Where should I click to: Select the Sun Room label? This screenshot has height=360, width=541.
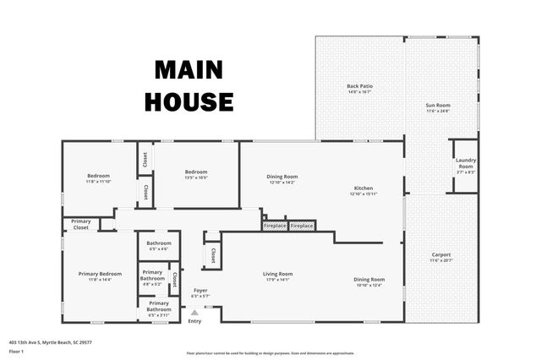(439, 107)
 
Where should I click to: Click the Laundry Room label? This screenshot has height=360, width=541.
(466, 163)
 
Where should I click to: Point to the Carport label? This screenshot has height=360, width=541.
(440, 257)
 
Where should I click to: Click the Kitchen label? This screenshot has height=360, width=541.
(363, 190)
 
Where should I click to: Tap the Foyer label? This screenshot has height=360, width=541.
(199, 292)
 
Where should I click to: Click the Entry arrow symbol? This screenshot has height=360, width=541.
(194, 313)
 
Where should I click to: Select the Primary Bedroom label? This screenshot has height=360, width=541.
(100, 275)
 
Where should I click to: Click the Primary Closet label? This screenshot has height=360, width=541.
(81, 224)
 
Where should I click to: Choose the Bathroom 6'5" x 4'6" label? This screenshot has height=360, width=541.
(158, 246)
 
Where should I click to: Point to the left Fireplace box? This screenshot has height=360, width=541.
(275, 226)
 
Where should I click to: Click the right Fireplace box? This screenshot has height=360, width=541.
(302, 226)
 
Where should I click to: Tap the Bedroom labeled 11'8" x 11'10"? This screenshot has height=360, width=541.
(98, 177)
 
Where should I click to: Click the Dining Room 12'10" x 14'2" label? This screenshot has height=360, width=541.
(281, 179)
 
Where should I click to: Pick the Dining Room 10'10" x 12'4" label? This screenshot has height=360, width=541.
(369, 281)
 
